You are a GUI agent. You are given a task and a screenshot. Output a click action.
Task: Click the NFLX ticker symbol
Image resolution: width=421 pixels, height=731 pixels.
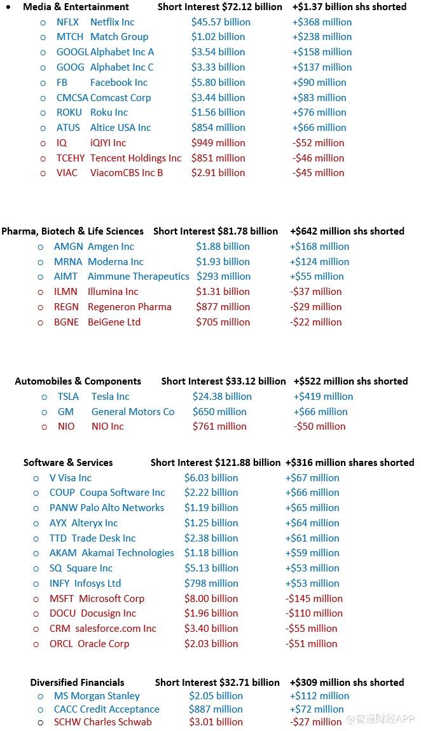coord(67,22)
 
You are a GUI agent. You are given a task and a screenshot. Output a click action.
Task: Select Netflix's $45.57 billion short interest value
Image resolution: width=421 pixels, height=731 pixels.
coord(221,22)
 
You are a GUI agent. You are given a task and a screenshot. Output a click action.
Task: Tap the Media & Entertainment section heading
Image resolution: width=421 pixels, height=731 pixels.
coord(76,7)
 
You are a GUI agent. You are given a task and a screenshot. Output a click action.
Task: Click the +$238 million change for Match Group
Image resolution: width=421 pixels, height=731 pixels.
coord(322,37)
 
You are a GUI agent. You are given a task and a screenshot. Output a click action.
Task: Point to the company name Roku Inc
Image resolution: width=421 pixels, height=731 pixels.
coord(109,113)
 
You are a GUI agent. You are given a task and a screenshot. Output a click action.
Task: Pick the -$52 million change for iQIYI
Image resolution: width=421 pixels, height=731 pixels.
coord(318,143)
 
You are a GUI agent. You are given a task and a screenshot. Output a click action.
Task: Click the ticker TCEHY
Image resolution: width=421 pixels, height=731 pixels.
coord(71,158)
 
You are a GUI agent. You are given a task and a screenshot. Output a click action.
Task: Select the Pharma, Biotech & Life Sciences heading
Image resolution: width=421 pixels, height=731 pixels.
coord(72,231)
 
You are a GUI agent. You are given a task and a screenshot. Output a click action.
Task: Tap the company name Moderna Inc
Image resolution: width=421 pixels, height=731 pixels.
coord(116,262)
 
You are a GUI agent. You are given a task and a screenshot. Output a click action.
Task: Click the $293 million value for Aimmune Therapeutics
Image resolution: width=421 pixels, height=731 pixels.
coord(223,277)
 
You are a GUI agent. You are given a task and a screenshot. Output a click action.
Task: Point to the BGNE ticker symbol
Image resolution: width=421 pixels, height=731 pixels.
coord(67,322)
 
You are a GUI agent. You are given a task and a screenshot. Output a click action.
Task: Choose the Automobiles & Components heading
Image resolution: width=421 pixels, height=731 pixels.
coord(78,381)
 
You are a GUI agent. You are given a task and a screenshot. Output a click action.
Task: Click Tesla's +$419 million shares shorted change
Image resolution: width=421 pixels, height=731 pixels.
coord(324,397)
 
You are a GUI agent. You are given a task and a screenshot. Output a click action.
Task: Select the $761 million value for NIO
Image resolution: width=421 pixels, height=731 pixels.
coord(219,427)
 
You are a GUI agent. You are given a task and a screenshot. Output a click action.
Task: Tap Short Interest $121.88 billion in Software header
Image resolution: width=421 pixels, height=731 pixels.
coord(215,463)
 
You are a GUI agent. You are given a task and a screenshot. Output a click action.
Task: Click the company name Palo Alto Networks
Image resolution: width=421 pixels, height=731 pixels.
coord(122,508)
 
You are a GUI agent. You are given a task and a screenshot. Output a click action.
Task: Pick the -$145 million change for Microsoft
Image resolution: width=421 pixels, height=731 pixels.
coord(314,599)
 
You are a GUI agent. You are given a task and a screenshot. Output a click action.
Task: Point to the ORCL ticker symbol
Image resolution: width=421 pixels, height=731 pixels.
coord(61,644)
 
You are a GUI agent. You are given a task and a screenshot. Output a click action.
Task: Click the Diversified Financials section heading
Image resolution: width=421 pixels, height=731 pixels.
coord(78,683)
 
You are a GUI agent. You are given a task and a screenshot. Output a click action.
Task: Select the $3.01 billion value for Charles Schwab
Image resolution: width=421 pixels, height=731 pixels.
coord(216,722)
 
